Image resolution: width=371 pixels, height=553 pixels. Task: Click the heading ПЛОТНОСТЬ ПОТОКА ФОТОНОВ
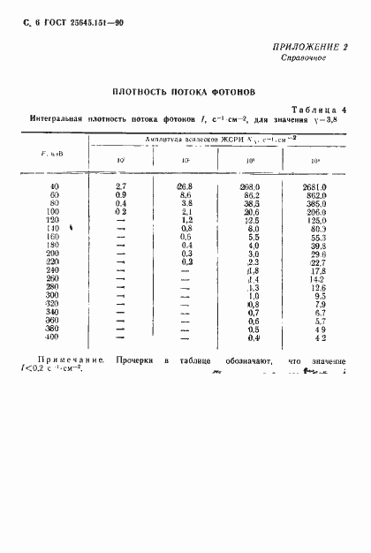184,91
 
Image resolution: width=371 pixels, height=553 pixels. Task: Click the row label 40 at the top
56,186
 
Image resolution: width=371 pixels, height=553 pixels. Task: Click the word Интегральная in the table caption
59,118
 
